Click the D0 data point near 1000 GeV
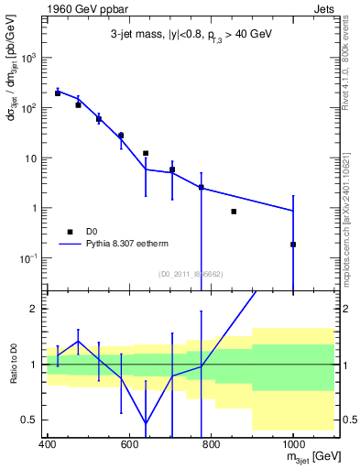293,245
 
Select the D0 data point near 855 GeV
234,212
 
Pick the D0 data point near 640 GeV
146,153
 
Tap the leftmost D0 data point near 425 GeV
58,93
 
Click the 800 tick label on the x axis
211,445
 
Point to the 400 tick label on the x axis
48,445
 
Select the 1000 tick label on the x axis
293,445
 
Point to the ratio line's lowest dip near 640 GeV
146,423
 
